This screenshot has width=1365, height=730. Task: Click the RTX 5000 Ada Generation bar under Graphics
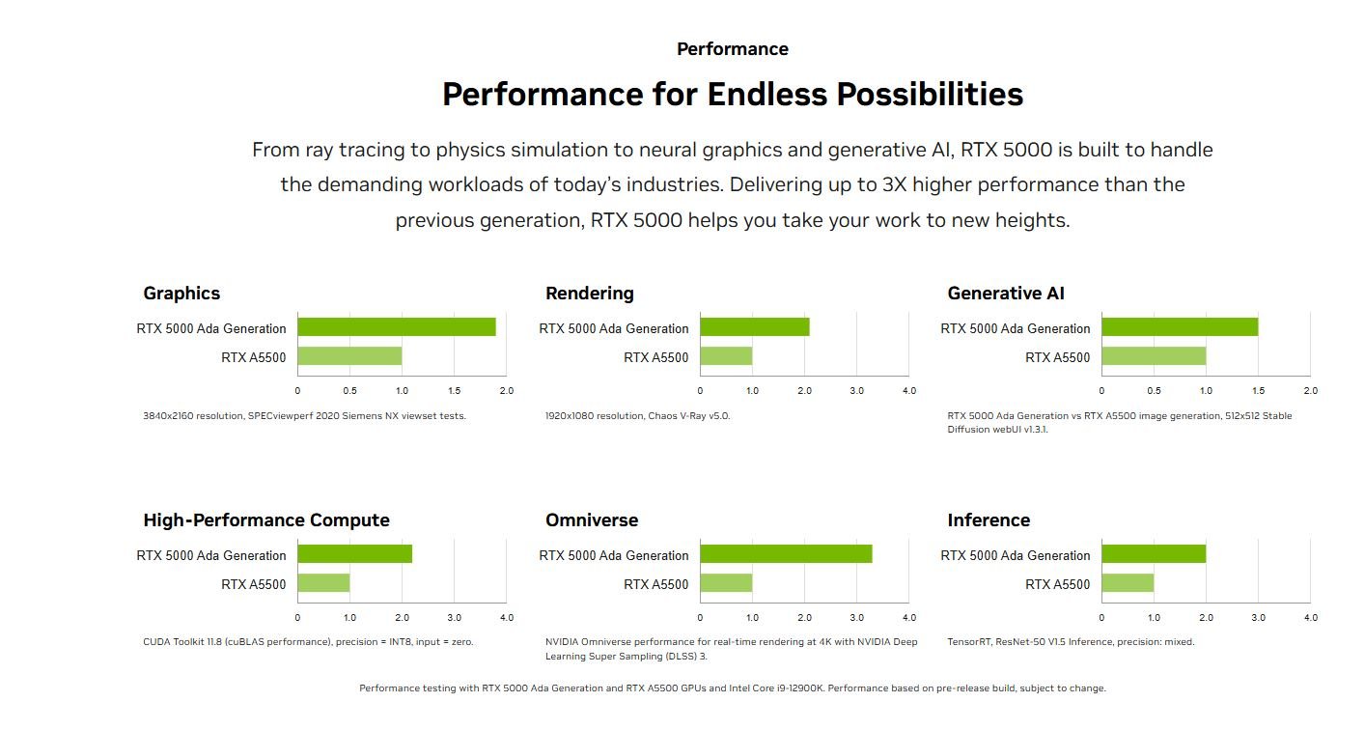pos(397,327)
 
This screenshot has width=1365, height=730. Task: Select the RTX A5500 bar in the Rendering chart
pos(726,356)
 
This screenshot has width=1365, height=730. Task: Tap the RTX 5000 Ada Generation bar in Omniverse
pos(786,554)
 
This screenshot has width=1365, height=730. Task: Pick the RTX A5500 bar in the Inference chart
pos(1128,582)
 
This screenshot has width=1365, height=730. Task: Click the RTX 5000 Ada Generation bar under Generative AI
pos(1181,327)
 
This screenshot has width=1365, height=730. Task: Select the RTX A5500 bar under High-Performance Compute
pos(323,582)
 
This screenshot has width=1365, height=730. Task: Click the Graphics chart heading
pos(181,294)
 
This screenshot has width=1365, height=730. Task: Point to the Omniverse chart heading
pos(592,519)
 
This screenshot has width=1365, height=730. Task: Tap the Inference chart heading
pos(989,519)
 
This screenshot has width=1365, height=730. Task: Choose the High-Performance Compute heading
pos(266,519)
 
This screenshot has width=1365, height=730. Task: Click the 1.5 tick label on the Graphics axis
pos(454,391)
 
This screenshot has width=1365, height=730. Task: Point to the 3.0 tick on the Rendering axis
pos(857,391)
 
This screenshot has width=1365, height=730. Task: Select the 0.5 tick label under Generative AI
pos(1154,391)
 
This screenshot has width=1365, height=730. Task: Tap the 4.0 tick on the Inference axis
pos(1311,617)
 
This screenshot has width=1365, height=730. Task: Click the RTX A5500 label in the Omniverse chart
pos(655,584)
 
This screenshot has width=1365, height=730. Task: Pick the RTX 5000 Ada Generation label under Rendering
pos(614,328)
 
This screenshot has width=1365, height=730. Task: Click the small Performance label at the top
pos(733,48)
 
